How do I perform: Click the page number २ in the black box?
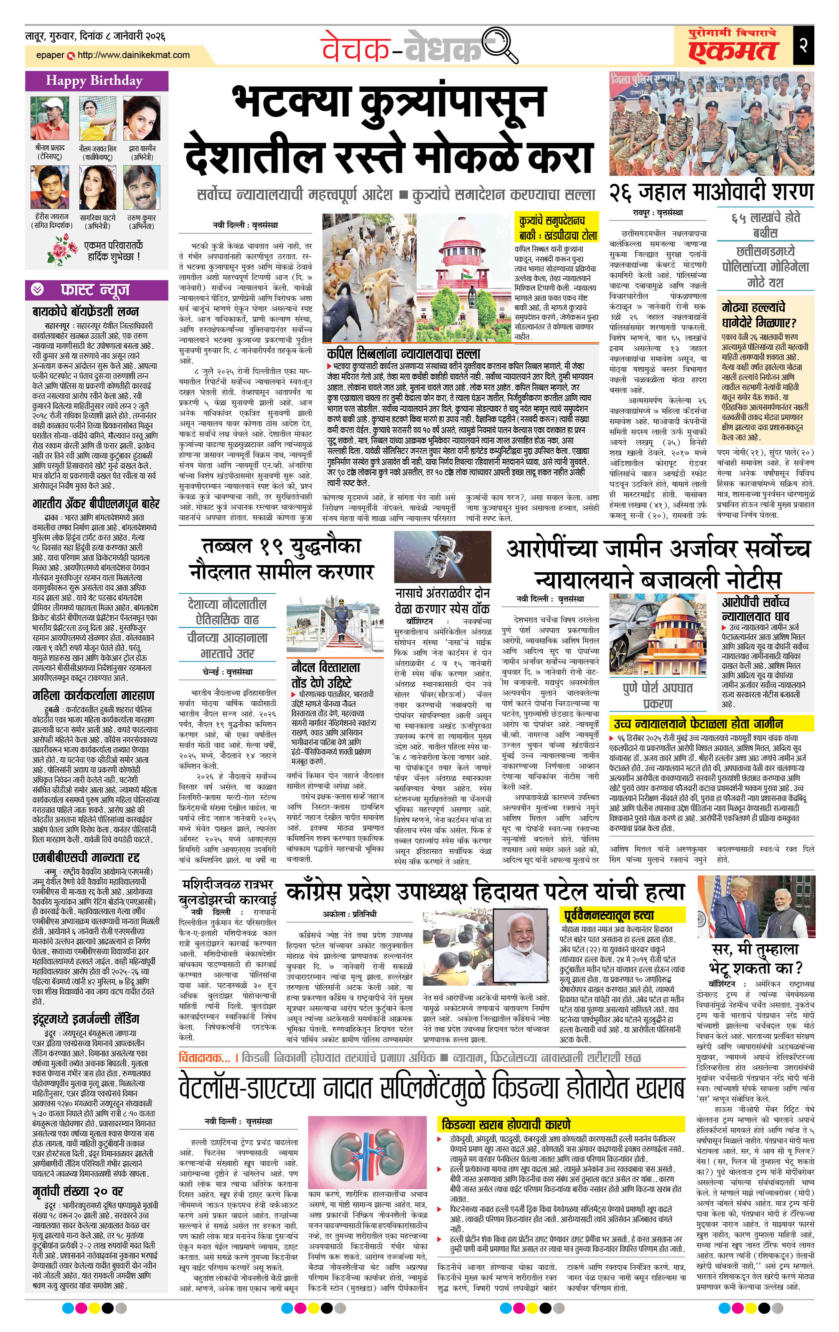[803, 45]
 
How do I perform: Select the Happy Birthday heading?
[94, 81]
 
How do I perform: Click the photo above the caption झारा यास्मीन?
[142, 119]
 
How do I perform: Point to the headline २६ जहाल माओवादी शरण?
[711, 192]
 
